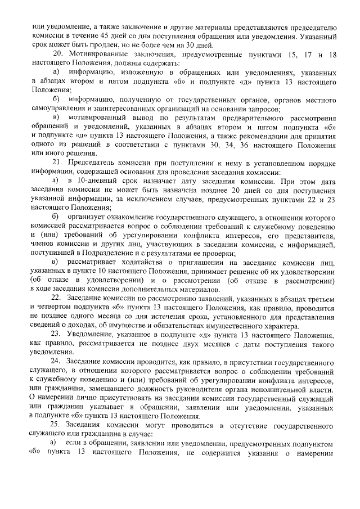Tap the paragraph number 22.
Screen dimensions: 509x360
tap(56, 297)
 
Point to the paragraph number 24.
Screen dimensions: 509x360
tap(56, 360)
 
